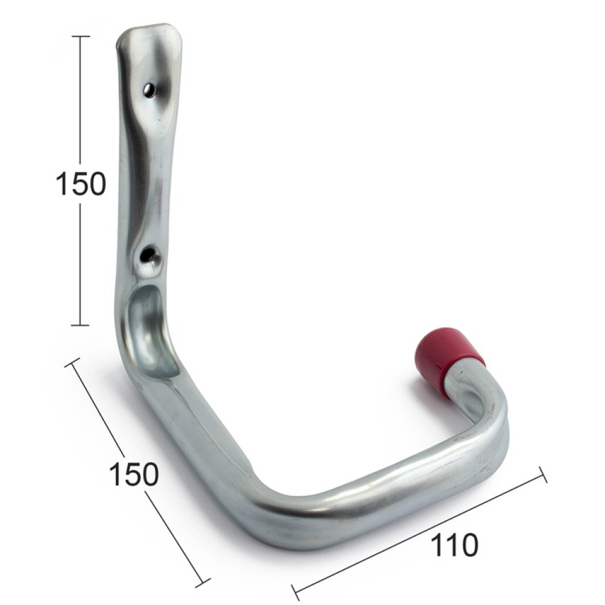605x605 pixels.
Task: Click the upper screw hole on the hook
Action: tap(149, 91)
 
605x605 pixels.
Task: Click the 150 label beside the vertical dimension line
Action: tap(80, 184)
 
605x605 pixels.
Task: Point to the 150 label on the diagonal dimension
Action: tap(134, 474)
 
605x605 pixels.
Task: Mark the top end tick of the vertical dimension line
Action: tap(81, 37)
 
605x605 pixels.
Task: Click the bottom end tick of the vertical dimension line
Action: tap(81, 325)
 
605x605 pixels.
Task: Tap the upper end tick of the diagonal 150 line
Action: tap(74, 361)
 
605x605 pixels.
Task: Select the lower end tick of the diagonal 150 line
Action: tap(201, 585)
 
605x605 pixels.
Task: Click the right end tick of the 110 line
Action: tap(542, 474)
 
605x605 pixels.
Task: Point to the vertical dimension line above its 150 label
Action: tap(81, 103)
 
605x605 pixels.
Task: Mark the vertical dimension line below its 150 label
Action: tap(81, 260)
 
